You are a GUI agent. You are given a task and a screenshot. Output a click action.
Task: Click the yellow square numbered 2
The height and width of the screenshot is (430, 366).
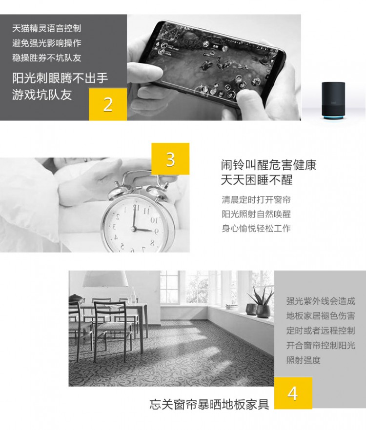click(108, 104)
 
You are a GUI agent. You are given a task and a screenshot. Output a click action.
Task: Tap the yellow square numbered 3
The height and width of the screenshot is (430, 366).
click(170, 158)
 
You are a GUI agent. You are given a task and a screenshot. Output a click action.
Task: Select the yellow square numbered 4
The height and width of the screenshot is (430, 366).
click(293, 393)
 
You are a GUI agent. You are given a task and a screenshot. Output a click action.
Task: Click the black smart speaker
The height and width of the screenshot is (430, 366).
click(332, 100)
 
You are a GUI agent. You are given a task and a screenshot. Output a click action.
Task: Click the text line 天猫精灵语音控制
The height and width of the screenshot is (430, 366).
click(46, 28)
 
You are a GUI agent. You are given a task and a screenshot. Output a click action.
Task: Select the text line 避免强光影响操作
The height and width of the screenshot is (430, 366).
click(46, 43)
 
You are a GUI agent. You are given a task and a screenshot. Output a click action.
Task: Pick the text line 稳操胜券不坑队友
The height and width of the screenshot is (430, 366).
click(46, 58)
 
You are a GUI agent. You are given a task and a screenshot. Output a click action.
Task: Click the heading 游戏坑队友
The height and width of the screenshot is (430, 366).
click(42, 95)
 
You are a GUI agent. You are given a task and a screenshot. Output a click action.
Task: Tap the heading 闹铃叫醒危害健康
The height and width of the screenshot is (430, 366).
click(269, 165)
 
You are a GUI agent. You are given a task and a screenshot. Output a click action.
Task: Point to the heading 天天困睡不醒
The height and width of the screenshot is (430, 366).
click(257, 180)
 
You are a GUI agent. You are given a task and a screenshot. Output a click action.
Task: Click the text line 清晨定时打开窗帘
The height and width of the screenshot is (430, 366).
click(256, 200)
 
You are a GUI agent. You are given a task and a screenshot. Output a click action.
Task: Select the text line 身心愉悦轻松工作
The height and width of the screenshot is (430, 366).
click(256, 228)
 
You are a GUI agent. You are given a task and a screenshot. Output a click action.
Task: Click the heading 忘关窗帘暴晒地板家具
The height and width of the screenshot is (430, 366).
click(209, 405)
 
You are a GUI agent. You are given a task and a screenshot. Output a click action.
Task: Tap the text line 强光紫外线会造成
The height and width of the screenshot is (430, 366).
click(321, 301)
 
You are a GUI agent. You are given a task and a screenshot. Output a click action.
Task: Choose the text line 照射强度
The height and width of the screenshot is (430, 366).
click(304, 360)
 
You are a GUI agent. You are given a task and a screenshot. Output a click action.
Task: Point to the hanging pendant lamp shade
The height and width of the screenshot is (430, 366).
click(105, 279)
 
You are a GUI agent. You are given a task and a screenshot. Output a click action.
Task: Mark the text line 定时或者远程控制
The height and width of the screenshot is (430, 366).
click(321, 331)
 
